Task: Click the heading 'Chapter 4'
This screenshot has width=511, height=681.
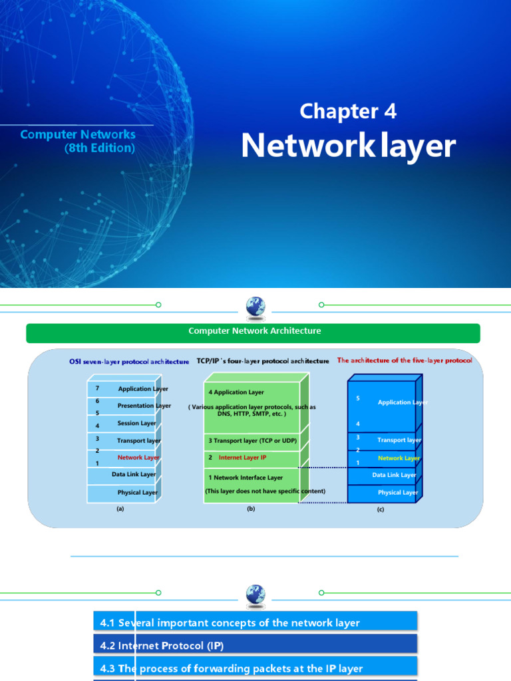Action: (x=348, y=111)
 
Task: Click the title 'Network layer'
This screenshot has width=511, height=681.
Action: (x=348, y=146)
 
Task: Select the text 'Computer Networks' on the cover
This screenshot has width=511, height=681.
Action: (x=78, y=134)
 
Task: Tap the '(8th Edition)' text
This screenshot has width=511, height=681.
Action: (x=100, y=148)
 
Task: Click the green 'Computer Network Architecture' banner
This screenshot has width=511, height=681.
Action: (x=253, y=331)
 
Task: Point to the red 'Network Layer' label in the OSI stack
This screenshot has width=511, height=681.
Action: (x=138, y=458)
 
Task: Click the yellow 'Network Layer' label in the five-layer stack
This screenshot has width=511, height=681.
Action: (x=399, y=458)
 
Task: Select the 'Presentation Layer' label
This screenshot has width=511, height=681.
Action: (x=144, y=406)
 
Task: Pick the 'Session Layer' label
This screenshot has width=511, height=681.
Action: (x=136, y=423)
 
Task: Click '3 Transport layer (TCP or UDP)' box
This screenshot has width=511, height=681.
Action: (x=252, y=441)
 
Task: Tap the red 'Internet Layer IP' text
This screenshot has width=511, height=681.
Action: (x=242, y=458)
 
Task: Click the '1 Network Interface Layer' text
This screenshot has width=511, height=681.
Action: (x=246, y=477)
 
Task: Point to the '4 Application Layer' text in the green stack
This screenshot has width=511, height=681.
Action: (x=236, y=392)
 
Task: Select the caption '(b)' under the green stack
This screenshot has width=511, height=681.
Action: (x=251, y=509)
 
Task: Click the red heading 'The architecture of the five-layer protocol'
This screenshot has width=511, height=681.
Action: (x=405, y=360)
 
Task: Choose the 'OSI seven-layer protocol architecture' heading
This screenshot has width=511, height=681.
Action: (x=129, y=362)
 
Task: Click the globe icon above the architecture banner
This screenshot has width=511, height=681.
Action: (x=255, y=307)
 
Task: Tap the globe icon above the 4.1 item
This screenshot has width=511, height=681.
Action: (x=255, y=594)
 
